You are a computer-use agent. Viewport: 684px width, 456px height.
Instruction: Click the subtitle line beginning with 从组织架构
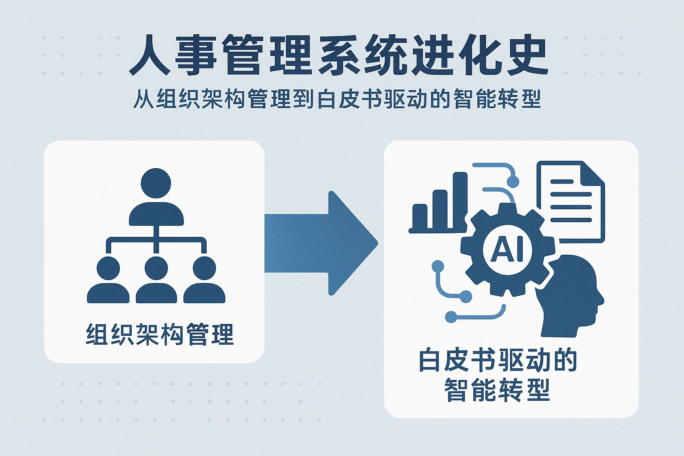point(337,99)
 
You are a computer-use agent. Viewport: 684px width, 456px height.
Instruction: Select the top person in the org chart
point(156,196)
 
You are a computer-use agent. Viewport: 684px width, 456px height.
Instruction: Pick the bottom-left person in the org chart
point(108,281)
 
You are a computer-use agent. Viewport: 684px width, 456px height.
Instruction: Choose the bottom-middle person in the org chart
point(156,281)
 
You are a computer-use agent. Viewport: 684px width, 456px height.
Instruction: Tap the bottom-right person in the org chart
point(204,281)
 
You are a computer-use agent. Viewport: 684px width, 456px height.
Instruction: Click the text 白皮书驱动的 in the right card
point(498,361)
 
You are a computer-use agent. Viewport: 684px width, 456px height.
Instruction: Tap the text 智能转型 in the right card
point(497,391)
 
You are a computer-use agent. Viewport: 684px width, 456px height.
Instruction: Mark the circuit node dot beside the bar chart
point(513,181)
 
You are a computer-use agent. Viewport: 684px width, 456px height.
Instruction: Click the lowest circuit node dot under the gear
point(451,317)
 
